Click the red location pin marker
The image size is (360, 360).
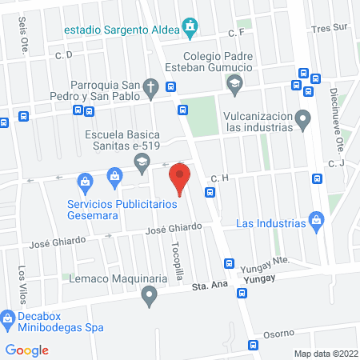181,178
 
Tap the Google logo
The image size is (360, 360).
27,350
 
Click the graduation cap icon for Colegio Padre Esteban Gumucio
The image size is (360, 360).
234,83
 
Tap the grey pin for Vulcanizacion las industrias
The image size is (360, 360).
302,118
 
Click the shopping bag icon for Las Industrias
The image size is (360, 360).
316,218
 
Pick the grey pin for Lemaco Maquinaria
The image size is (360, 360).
148,298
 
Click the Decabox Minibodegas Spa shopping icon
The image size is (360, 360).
8,320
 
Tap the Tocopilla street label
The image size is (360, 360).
177,258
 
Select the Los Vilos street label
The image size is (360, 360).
22,279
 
